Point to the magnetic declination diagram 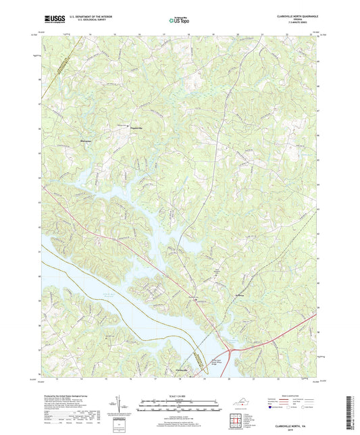[120, 407]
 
